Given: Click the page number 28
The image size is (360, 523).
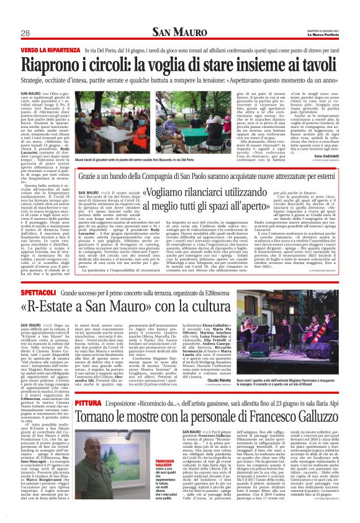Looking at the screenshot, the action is (x=25, y=33).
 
